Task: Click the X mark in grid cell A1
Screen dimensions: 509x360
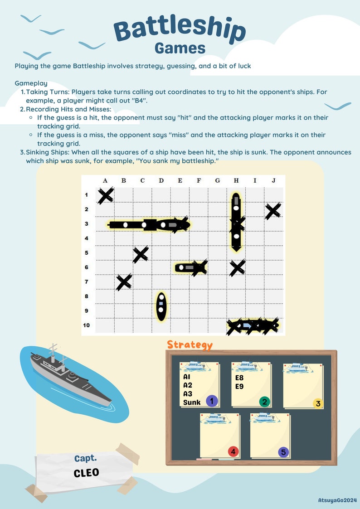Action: click(106, 196)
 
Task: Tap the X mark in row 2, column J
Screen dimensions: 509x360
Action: click(273, 211)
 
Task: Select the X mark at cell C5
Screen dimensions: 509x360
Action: click(141, 254)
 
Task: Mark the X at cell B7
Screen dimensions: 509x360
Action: click(124, 282)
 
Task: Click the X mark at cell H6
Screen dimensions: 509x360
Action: click(237, 268)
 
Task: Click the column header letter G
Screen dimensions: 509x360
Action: click(217, 181)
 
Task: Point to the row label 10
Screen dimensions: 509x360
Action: click(86, 325)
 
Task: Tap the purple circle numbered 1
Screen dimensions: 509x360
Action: click(212, 400)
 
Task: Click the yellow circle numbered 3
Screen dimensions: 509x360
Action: click(318, 403)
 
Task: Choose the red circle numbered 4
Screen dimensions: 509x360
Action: click(233, 451)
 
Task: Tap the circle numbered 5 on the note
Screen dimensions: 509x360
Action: click(283, 452)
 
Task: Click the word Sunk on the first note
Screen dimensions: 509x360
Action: click(192, 402)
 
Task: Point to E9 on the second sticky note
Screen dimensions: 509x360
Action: click(239, 386)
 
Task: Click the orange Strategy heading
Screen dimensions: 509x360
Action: click(190, 344)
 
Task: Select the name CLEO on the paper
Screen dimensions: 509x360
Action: click(86, 473)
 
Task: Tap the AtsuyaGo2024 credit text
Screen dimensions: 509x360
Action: click(337, 499)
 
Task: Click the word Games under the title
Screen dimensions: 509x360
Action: click(180, 48)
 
